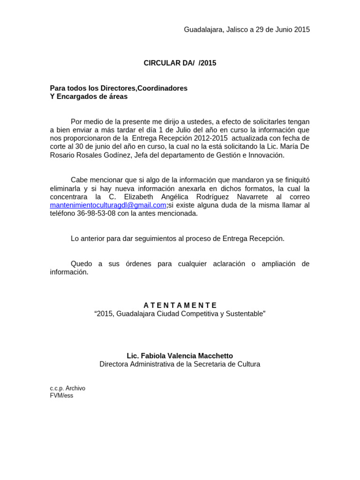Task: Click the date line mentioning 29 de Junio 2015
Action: pyautogui.click(x=247, y=30)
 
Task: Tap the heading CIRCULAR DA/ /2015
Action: pyautogui.click(x=180, y=63)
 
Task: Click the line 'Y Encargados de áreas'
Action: pyautogui.click(x=89, y=97)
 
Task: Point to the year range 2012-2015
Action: pyautogui.click(x=210, y=138)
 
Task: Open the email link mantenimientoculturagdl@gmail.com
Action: pyautogui.click(x=108, y=205)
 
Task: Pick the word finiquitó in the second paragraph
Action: pyautogui.click(x=293, y=180)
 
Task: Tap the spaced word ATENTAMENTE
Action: pyautogui.click(x=180, y=305)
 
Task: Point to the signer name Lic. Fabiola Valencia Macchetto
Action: pyautogui.click(x=180, y=356)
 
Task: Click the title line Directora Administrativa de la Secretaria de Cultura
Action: pyautogui.click(x=180, y=364)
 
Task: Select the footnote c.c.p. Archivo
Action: pyautogui.click(x=67, y=389)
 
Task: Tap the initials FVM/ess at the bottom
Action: pyautogui.click(x=61, y=396)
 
